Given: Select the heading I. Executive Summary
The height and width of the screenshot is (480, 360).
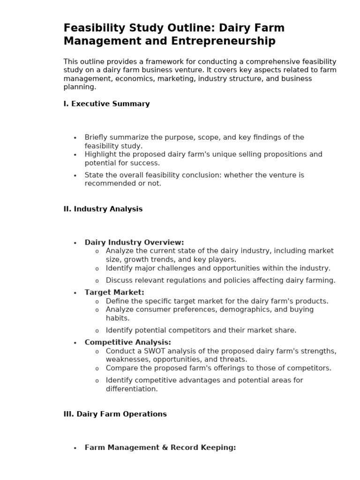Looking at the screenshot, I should point(106,104).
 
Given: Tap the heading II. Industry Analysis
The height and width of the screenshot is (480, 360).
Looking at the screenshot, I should point(103,209).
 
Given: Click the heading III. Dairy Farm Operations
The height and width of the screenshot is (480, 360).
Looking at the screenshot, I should point(115,414).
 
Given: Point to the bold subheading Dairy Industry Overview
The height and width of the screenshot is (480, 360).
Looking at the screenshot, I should point(134,242).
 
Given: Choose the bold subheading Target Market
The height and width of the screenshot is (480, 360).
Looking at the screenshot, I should point(114,292).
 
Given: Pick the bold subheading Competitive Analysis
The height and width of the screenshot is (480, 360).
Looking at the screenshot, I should point(127,342).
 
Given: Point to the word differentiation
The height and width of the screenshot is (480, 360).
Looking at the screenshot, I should point(132,389).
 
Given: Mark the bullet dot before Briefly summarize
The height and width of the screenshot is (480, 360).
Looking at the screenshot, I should point(75,138).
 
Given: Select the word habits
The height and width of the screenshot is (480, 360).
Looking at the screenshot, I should point(118,318).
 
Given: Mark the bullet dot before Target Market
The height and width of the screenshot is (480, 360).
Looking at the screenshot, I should point(75,293).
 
